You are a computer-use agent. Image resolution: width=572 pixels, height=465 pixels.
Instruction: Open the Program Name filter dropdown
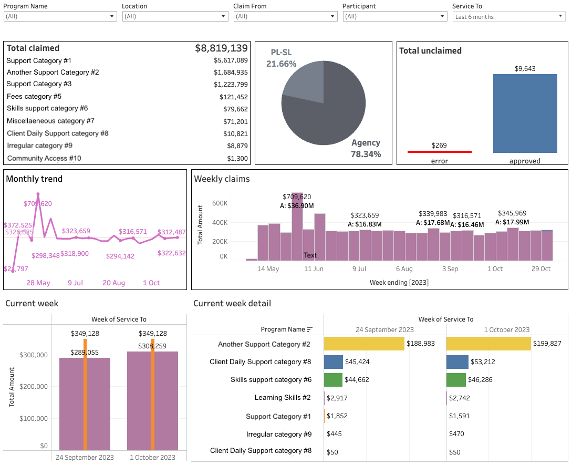[60, 16]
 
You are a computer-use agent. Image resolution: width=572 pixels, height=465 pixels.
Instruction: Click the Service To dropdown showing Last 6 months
[508, 17]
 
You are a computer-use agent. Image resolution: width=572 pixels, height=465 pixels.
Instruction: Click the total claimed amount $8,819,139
[221, 48]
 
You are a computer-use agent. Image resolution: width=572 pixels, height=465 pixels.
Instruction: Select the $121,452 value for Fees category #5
[234, 97]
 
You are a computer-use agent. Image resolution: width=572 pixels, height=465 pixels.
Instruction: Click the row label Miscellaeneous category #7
[50, 121]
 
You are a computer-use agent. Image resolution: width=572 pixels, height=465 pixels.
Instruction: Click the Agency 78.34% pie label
[366, 148]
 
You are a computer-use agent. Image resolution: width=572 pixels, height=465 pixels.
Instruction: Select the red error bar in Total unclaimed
[439, 152]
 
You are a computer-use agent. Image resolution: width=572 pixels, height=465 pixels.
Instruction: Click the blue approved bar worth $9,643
[525, 113]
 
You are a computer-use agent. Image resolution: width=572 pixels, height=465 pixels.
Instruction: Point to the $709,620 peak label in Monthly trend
[38, 203]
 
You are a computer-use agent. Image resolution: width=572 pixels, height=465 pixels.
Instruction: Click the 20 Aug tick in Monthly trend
[113, 283]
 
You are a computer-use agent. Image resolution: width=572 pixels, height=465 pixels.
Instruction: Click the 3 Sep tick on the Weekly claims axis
[450, 268]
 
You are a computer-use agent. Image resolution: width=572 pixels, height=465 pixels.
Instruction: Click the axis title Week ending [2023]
[399, 282]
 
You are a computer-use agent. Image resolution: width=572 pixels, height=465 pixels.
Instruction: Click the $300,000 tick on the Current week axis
[34, 355]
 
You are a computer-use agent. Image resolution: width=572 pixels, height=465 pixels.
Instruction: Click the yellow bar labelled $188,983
[364, 344]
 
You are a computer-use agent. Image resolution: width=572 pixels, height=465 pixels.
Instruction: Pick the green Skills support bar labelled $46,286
[455, 379]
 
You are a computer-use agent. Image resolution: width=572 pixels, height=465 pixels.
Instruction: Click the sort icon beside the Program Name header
[310, 329]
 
